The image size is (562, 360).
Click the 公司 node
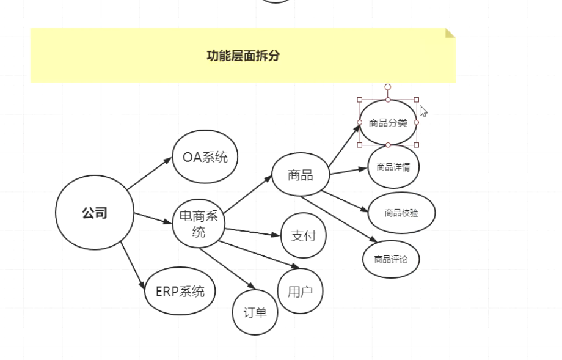point(95,213)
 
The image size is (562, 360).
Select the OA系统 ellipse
point(205,157)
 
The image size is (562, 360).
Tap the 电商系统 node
point(199,224)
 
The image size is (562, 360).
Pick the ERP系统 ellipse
point(180,291)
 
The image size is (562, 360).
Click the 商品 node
point(301,175)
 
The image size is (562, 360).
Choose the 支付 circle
point(304,235)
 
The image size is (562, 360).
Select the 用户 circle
point(300,291)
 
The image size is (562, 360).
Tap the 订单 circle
point(255,312)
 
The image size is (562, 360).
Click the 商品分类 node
point(388,122)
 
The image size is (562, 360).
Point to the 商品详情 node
point(393,166)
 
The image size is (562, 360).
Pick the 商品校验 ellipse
point(401,213)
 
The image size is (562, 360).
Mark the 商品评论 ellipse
point(391,259)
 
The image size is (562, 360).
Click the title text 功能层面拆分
point(243,56)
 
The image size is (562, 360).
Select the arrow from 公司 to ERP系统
point(133,265)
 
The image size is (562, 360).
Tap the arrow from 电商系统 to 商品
point(247,194)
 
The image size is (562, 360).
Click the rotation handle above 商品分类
point(388,87)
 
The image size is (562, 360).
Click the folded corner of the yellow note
point(450,32)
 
